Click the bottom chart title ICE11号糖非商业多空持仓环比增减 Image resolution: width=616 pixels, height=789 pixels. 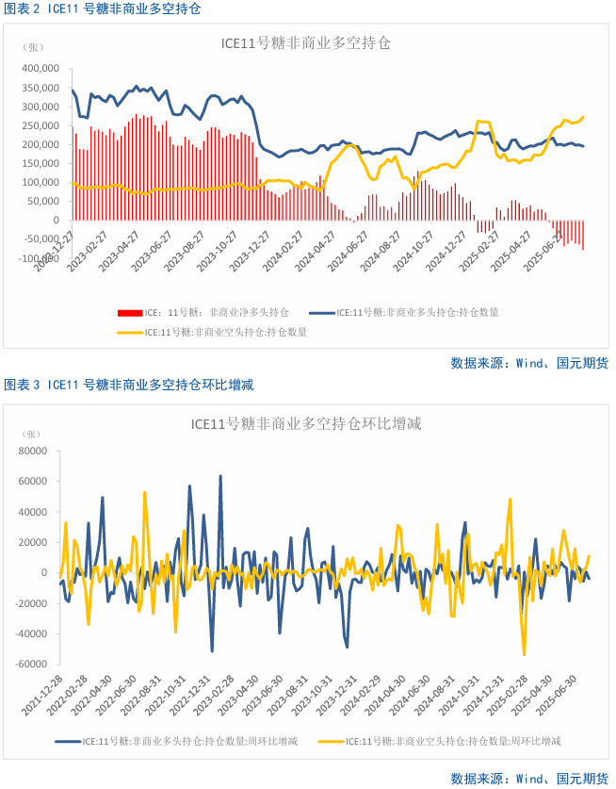coord(305,424)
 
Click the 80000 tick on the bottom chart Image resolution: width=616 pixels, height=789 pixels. coord(33,451)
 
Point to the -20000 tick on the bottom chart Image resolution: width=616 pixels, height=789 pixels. coord(31,603)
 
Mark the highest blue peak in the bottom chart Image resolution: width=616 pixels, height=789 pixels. coord(220,476)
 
